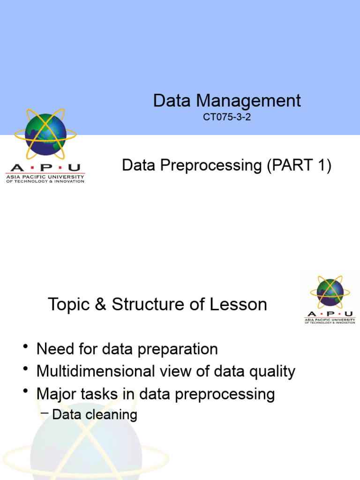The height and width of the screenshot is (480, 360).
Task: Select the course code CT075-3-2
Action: click(227, 117)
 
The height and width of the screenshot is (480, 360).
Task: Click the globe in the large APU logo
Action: click(45, 135)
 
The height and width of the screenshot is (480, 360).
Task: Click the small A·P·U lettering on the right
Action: click(330, 314)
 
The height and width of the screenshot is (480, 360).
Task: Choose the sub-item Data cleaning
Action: click(95, 414)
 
